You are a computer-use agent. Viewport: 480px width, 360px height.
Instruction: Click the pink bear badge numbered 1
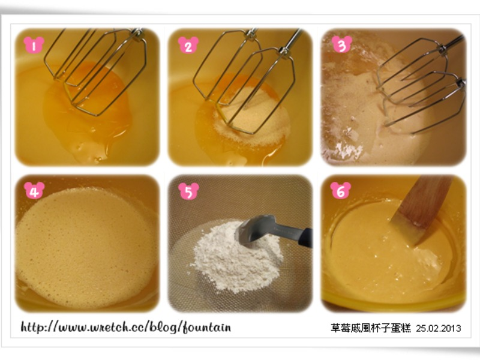point(34,45)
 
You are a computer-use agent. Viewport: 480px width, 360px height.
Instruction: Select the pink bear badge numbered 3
point(342,44)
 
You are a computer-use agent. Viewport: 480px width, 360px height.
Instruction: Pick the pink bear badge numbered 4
point(34,190)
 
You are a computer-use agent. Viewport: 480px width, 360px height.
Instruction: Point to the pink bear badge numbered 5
point(188,191)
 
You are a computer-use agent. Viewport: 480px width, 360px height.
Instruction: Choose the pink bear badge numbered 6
point(341,190)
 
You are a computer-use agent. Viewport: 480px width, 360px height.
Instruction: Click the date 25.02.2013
point(439,328)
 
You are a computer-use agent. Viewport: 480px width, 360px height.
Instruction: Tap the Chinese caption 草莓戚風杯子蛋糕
point(371,328)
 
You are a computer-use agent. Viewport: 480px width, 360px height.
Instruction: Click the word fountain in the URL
point(206,328)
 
